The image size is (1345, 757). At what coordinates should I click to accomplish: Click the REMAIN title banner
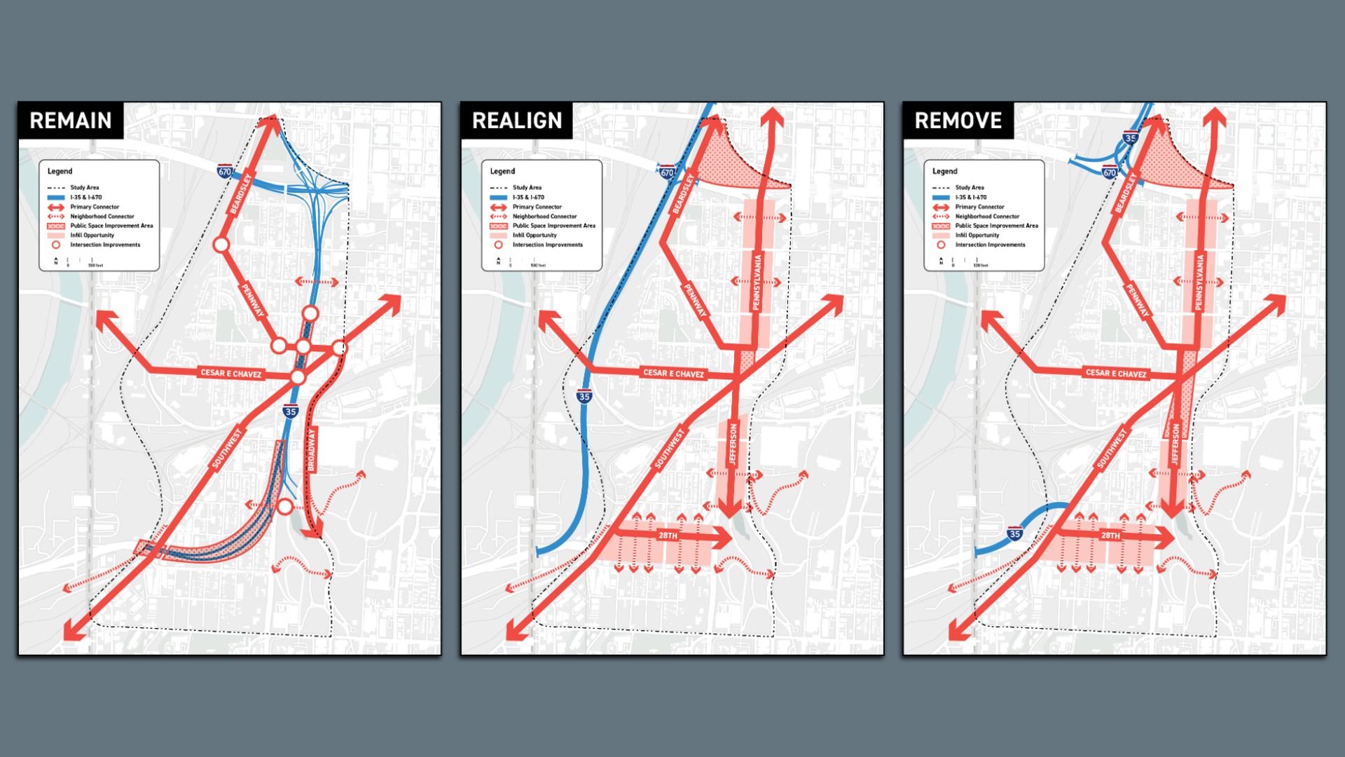point(71,121)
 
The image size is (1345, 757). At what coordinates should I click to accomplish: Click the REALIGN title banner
point(517,121)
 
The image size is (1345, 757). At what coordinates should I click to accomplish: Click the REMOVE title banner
point(958,121)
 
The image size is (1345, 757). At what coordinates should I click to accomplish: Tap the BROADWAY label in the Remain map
point(312,449)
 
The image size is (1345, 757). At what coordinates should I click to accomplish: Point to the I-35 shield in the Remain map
point(291,411)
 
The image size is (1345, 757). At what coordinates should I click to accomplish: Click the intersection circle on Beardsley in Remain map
point(221,245)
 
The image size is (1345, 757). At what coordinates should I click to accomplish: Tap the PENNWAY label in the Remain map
point(253,300)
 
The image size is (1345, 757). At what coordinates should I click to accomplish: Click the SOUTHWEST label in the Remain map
point(226,449)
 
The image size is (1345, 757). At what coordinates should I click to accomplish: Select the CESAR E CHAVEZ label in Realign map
point(673,374)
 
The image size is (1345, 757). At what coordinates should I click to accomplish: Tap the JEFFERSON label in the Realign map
point(733,444)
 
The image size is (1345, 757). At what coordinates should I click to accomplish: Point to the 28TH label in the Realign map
point(668,536)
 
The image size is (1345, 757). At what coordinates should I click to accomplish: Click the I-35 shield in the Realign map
point(584,396)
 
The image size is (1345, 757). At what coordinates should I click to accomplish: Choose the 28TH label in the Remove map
point(1110,536)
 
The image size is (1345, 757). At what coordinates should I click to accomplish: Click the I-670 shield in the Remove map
point(1110,172)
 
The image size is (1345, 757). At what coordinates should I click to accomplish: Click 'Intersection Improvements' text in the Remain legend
point(105,245)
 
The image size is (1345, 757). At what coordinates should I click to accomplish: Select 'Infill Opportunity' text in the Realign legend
point(534,236)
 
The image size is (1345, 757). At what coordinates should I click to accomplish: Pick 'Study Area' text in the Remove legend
point(970,188)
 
